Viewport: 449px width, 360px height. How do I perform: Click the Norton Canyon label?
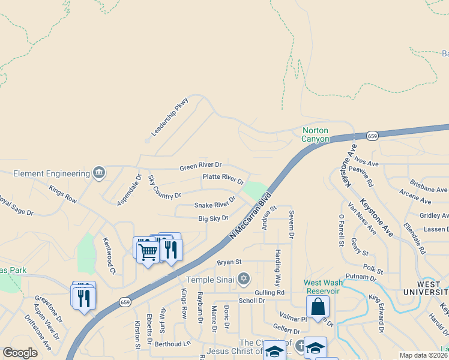[315, 134]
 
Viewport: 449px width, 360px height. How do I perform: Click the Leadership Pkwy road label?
[170, 116]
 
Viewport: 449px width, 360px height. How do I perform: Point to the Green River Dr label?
[200, 166]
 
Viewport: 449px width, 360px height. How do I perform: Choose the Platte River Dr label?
[223, 178]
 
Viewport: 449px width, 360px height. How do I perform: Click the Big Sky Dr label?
[214, 219]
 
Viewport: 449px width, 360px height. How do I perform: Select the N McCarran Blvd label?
[250, 217]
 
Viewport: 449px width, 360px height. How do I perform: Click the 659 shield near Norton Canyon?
[373, 136]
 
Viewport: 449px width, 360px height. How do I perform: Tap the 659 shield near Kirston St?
[125, 302]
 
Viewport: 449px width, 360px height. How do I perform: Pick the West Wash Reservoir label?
[322, 287]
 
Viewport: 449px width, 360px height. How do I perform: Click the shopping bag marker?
[318, 307]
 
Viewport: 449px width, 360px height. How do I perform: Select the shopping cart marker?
[148, 251]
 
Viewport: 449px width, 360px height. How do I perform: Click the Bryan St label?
[229, 262]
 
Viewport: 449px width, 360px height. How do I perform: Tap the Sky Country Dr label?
[164, 188]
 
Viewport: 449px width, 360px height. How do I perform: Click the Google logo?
[20, 353]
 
